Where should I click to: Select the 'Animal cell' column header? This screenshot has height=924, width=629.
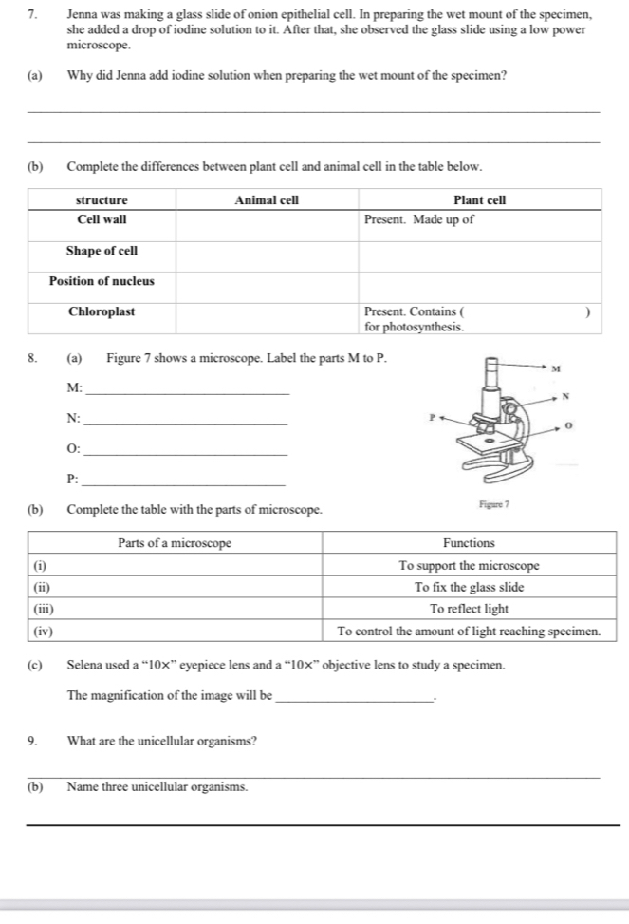coord(267,200)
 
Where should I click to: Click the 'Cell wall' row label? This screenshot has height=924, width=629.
coord(102,219)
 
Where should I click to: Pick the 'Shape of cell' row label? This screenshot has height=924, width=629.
coord(102,251)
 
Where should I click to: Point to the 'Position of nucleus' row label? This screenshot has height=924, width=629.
coord(102,281)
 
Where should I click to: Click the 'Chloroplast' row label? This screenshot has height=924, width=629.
coord(102,311)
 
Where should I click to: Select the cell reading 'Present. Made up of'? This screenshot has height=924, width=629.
coord(419,219)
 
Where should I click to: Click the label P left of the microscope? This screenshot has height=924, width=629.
coord(430,415)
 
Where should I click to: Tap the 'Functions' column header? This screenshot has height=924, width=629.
coord(469,543)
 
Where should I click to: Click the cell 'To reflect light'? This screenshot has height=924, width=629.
coord(469,609)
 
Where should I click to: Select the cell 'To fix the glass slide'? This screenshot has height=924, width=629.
coord(469,587)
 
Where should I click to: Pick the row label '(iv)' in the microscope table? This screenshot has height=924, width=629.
coord(44,631)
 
